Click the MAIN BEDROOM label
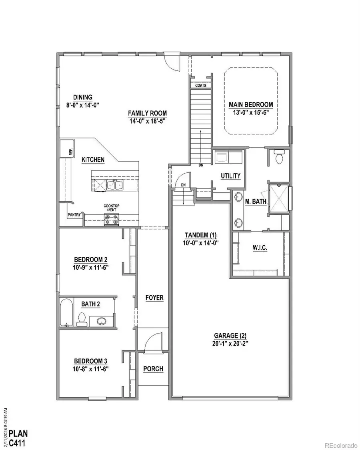tap(251, 105)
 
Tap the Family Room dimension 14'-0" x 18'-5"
tap(147, 120)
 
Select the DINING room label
tap(83, 97)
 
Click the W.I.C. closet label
tap(260, 248)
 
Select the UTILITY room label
tap(230, 176)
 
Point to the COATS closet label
tap(200, 86)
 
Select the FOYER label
tap(154, 298)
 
